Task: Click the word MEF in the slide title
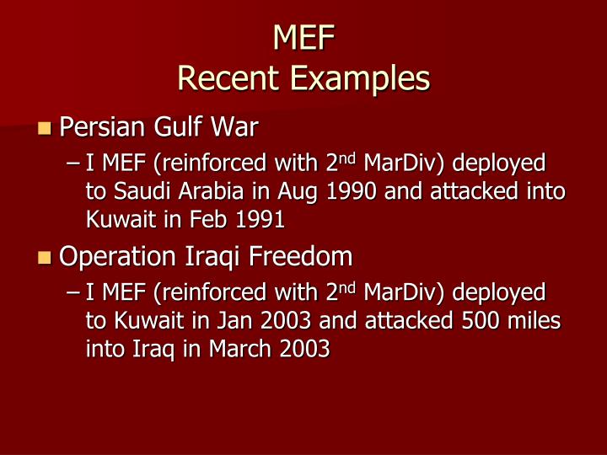coord(303,38)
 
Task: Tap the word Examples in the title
coord(360,78)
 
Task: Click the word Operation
coord(114,255)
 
